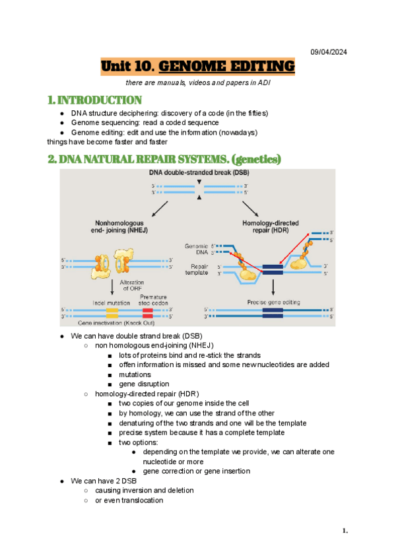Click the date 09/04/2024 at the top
click(328, 52)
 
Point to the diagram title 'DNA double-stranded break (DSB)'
click(198, 174)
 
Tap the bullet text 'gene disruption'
click(144, 384)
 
